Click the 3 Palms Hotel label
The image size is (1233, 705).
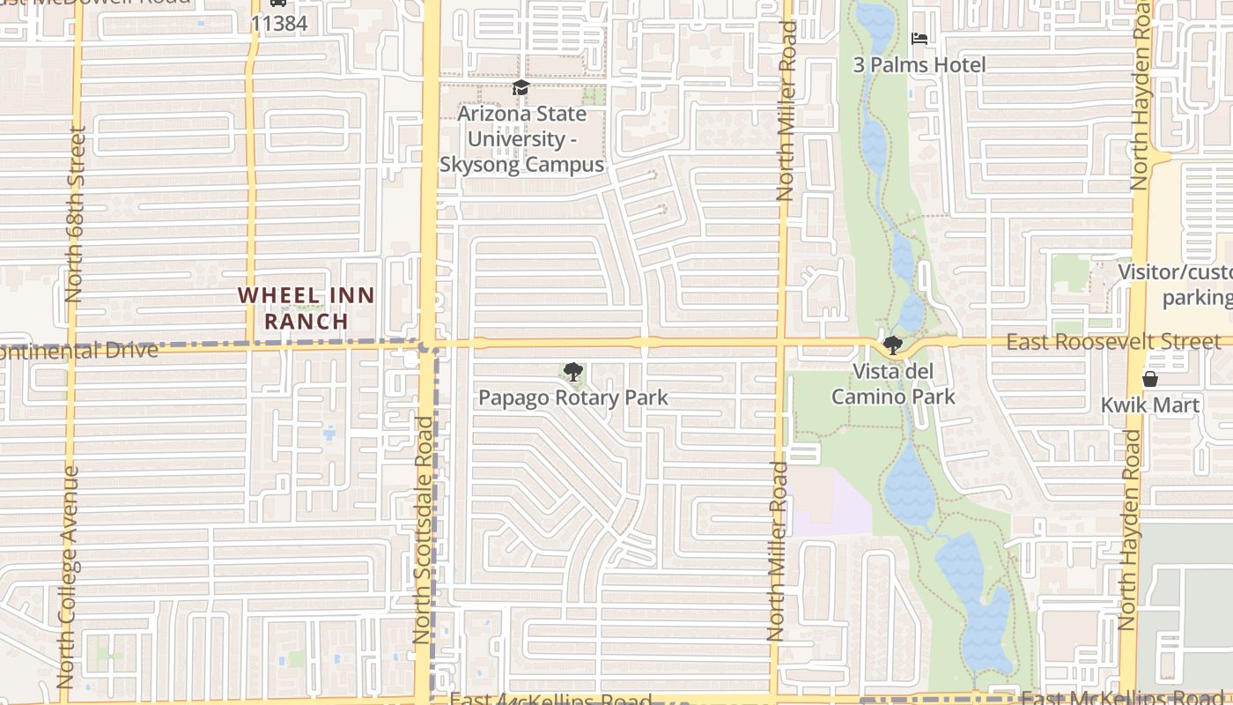919,64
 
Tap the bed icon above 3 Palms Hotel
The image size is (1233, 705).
919,39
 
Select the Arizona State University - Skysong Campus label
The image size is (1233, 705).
521,139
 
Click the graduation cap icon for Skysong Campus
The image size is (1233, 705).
521,87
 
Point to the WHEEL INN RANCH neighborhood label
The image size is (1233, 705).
306,308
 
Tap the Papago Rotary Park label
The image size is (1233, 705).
572,397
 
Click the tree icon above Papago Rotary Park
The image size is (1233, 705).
572,372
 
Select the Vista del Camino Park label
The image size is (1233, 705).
893,384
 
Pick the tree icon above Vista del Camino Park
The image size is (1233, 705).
892,345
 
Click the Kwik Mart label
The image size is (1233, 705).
1149,405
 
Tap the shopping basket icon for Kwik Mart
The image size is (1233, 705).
1149,379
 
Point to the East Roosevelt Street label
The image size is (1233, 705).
1113,342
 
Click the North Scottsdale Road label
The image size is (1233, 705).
424,529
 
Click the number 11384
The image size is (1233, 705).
278,24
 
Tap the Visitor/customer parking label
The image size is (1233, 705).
1175,284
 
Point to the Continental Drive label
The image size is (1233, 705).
79,351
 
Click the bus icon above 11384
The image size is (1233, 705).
278,3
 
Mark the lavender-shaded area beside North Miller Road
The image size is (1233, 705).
828,502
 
